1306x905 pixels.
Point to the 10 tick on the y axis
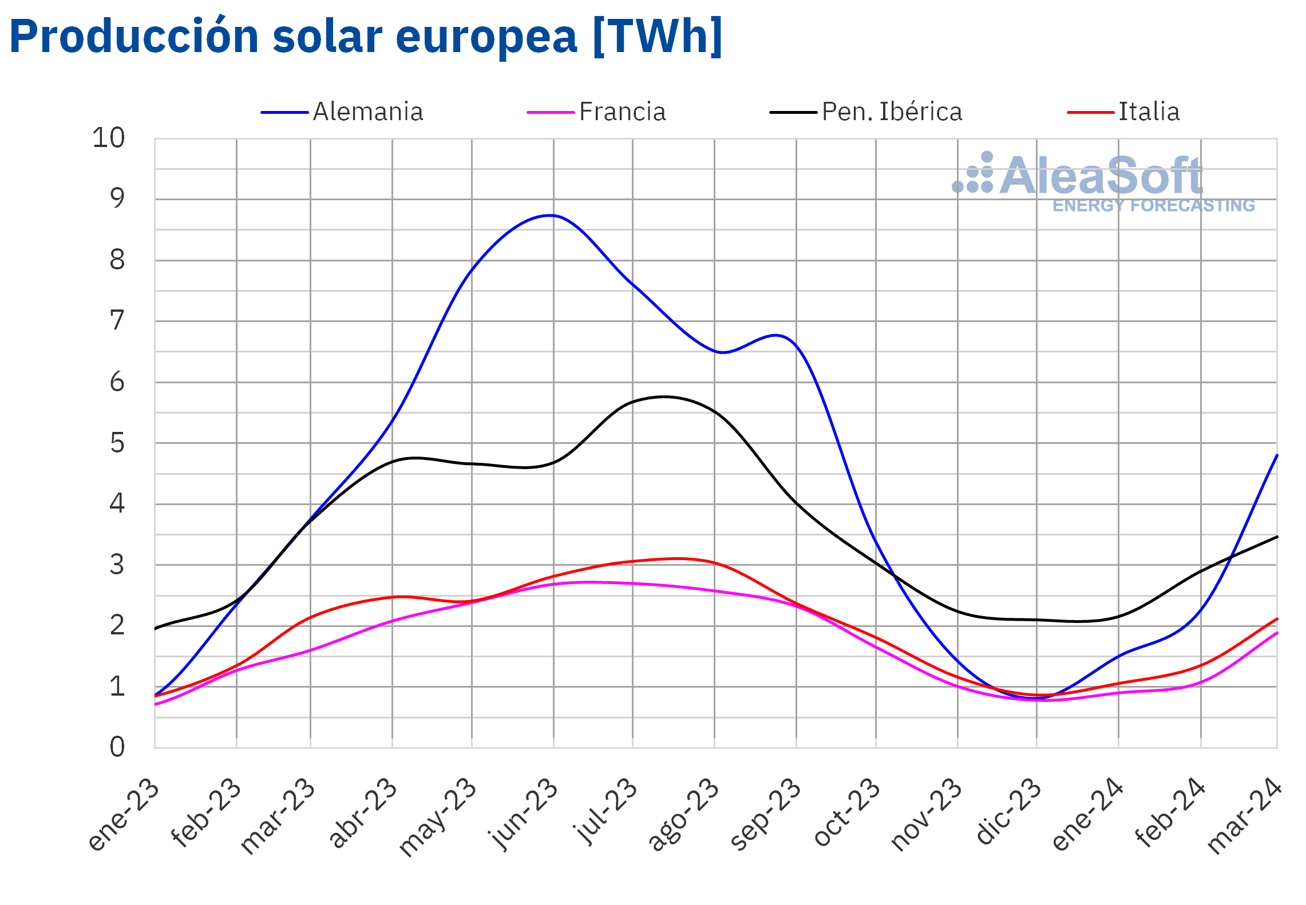[108, 138]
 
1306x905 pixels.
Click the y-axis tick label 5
[117, 443]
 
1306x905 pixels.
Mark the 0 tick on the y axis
[117, 747]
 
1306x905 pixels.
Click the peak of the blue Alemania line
[550, 215]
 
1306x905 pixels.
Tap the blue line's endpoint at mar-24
[1277, 455]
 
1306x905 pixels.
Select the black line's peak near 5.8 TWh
[664, 396]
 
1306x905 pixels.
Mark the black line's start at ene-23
[155, 629]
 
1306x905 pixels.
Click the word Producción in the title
[134, 37]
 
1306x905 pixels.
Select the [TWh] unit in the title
[658, 37]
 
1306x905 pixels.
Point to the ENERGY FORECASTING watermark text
[1153, 205]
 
